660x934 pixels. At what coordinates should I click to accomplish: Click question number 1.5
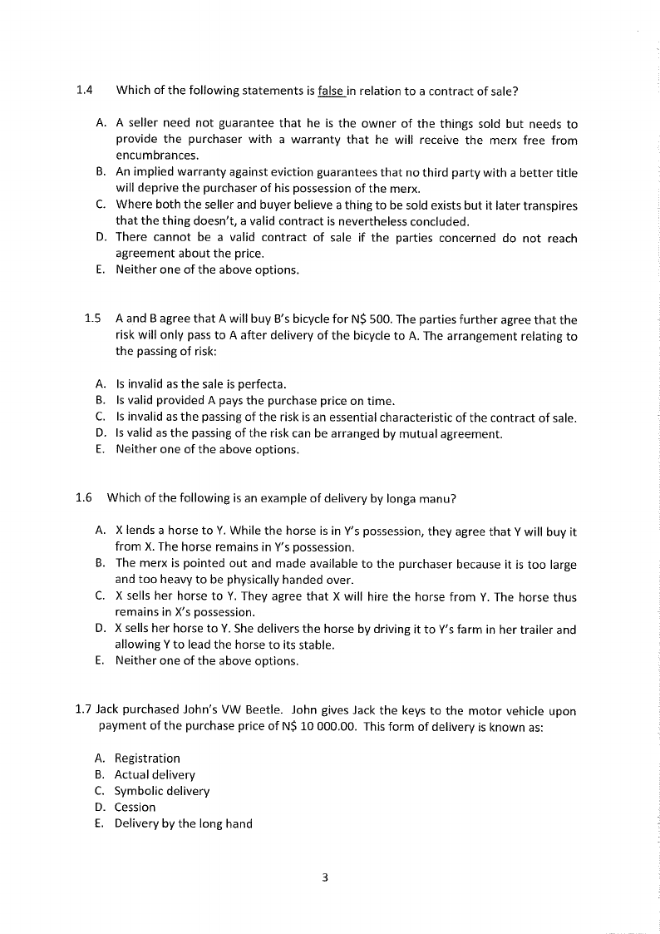point(92,319)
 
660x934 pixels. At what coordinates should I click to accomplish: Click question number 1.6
point(82,498)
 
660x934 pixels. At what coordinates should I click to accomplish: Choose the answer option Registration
point(147,759)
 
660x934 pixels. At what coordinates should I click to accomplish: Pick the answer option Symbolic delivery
point(162,791)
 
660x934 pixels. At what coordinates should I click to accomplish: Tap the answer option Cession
point(135,808)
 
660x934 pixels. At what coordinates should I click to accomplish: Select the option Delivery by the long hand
point(183,823)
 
